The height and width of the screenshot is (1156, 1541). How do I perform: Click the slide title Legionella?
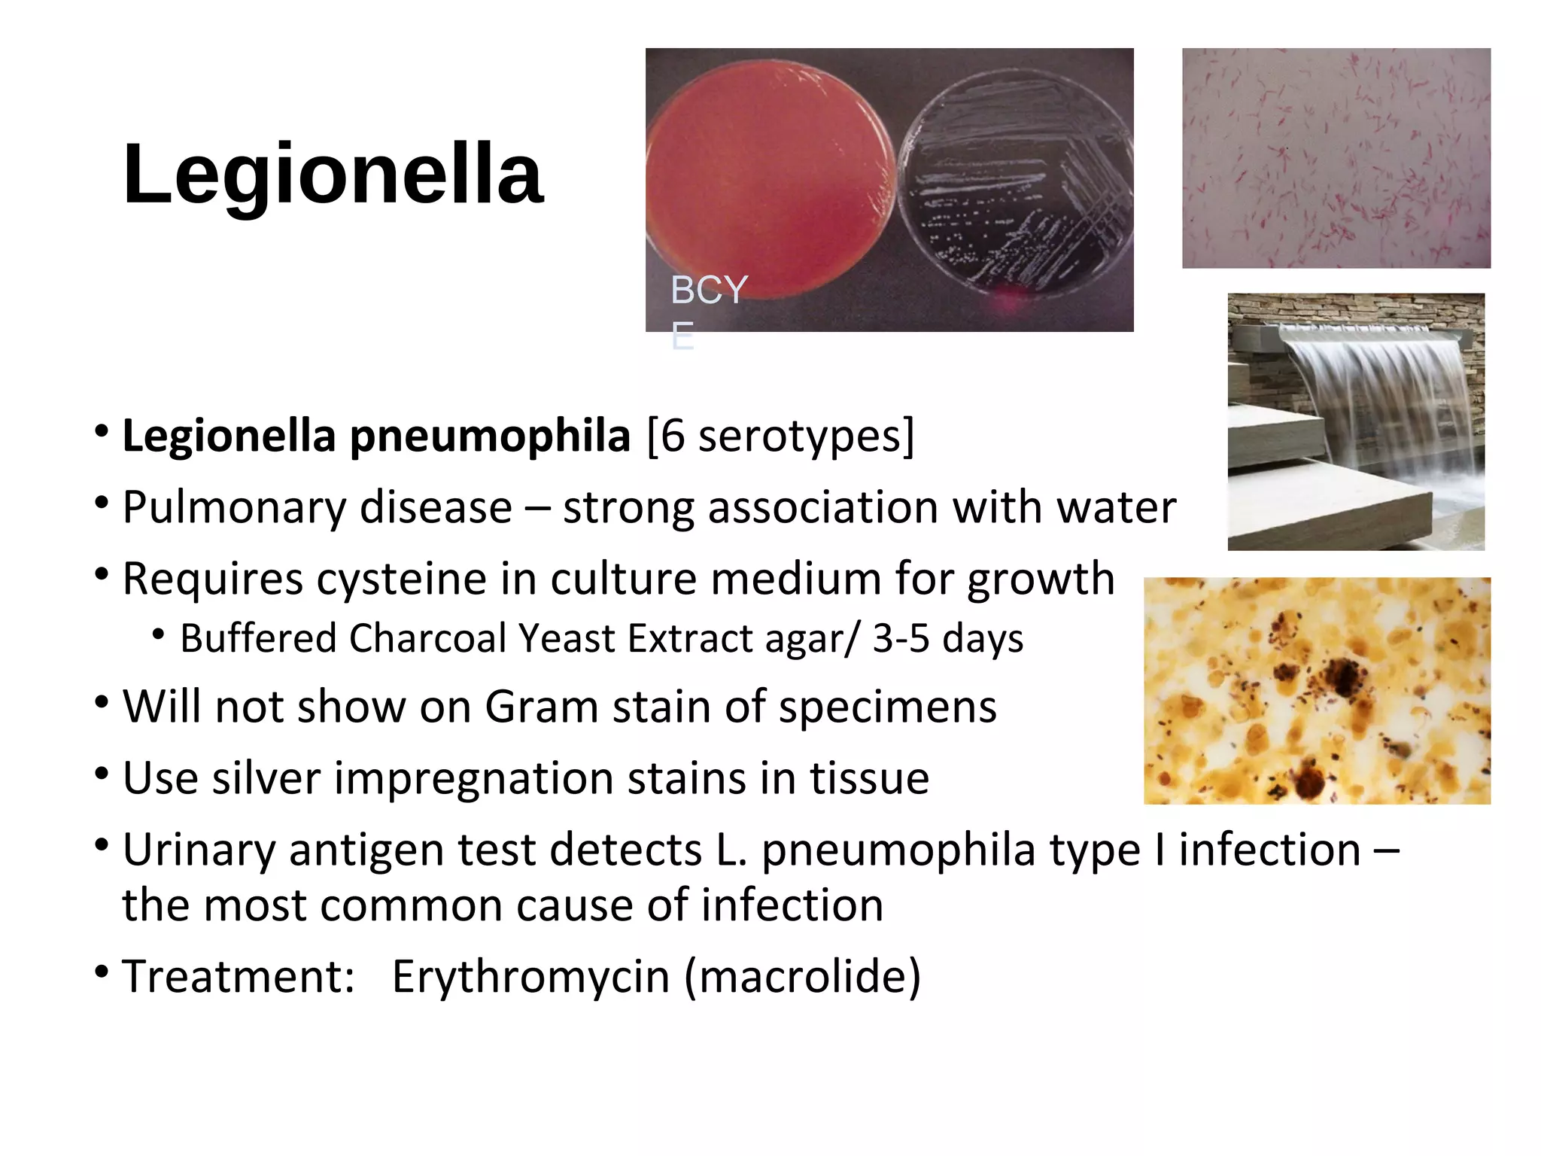[x=333, y=174]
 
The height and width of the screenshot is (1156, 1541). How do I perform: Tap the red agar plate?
[x=767, y=177]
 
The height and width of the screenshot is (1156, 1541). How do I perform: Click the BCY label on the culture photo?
[x=709, y=290]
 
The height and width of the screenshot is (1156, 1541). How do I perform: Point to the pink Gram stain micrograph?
[x=1336, y=158]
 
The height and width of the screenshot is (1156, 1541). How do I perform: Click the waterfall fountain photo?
[x=1356, y=421]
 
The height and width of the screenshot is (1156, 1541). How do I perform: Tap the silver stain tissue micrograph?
[x=1317, y=690]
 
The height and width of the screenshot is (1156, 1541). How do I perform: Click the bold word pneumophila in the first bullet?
[x=490, y=436]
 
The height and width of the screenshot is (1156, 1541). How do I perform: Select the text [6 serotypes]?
[x=780, y=436]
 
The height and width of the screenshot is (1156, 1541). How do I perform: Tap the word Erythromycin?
[x=530, y=977]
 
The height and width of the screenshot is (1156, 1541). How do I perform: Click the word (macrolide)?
[x=802, y=977]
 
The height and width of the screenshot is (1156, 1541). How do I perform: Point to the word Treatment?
[x=238, y=977]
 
